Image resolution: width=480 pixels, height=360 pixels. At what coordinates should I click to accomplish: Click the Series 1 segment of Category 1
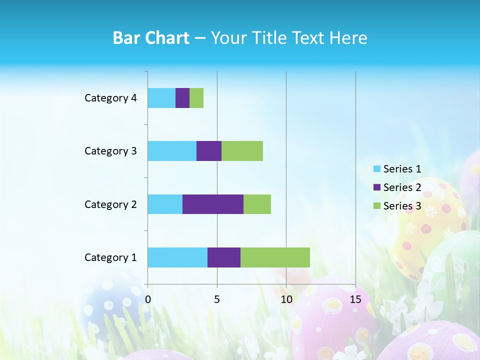point(177,257)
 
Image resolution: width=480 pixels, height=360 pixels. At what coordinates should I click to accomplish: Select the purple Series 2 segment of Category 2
point(213,204)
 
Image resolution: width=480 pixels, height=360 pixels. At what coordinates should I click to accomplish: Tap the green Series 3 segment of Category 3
point(242,151)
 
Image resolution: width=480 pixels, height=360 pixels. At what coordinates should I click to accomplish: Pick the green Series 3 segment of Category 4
point(196,98)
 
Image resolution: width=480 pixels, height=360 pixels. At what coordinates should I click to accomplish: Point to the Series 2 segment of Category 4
point(182,98)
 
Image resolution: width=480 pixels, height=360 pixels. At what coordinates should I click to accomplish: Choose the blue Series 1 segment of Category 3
point(172,151)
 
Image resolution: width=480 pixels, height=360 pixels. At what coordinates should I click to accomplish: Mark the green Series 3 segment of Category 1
point(275,257)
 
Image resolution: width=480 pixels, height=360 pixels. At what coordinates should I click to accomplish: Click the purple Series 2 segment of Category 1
point(224,257)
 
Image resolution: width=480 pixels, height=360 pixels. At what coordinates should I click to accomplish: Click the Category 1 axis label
point(110,257)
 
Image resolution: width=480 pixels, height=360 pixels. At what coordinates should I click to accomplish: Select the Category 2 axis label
point(110,204)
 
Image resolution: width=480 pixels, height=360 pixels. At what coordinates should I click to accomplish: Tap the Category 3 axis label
point(110,151)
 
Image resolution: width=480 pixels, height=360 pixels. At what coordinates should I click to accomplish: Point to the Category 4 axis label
point(110,98)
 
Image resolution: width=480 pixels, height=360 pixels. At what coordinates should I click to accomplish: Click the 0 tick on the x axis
point(148,299)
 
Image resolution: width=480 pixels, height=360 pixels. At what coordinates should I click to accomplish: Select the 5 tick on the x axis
point(217,299)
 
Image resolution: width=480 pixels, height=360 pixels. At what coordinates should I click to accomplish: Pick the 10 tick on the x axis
point(286,299)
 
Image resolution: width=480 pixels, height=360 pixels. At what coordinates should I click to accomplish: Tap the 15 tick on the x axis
point(355,299)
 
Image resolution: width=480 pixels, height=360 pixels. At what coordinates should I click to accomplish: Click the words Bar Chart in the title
point(151,38)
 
